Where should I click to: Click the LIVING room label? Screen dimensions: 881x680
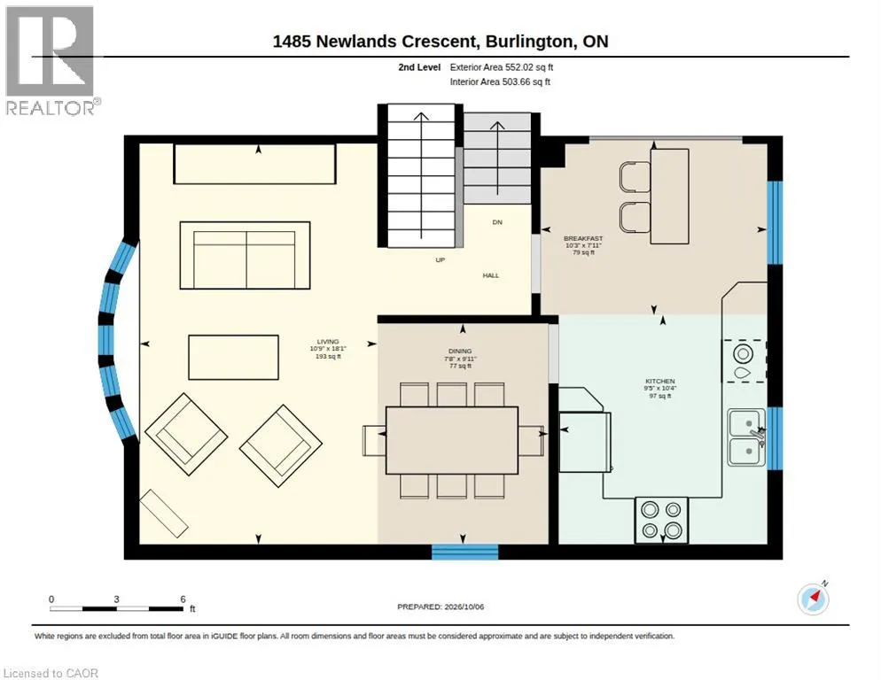pyautogui.click(x=328, y=342)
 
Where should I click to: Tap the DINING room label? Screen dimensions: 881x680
pyautogui.click(x=460, y=351)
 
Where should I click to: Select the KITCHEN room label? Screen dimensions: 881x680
pyautogui.click(x=660, y=381)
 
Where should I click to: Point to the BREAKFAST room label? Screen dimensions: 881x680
pyautogui.click(x=583, y=239)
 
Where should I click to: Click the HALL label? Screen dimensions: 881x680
pyautogui.click(x=490, y=275)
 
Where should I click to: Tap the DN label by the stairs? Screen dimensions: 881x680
pyautogui.click(x=497, y=222)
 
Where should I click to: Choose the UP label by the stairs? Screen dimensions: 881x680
pyautogui.click(x=440, y=260)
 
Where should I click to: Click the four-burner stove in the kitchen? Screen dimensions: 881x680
pyautogui.click(x=661, y=520)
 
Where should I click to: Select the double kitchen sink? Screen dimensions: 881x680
pyautogui.click(x=746, y=437)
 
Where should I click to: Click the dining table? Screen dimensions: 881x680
pyautogui.click(x=452, y=440)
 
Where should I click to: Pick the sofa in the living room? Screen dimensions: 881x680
pyautogui.click(x=245, y=256)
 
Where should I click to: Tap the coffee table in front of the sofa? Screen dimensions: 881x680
pyautogui.click(x=233, y=357)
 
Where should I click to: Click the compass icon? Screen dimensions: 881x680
pyautogui.click(x=813, y=599)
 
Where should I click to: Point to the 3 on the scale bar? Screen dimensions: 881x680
pyautogui.click(x=116, y=599)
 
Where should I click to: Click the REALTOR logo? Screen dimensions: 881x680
pyautogui.click(x=51, y=60)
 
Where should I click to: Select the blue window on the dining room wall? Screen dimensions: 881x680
pyautogui.click(x=464, y=552)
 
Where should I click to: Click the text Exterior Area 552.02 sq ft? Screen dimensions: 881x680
pyautogui.click(x=502, y=66)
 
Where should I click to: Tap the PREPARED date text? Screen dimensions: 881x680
pyautogui.click(x=440, y=607)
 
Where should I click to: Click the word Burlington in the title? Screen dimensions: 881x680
pyautogui.click(x=530, y=41)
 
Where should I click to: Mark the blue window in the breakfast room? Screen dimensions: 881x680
pyautogui.click(x=775, y=222)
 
